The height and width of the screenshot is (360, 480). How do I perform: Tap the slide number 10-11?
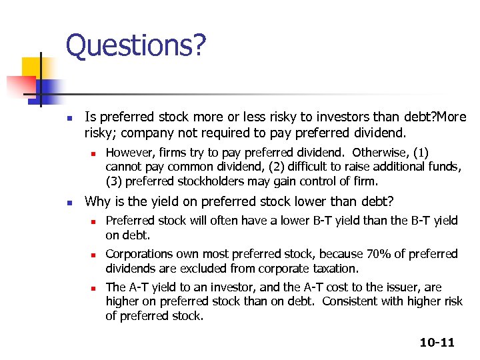[x=437, y=343]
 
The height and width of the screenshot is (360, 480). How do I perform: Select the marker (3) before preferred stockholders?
[x=114, y=181]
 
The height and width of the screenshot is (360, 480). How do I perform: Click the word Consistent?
[x=367, y=301]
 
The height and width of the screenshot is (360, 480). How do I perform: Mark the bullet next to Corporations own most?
[x=94, y=255]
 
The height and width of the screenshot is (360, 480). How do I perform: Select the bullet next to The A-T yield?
[x=94, y=288]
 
